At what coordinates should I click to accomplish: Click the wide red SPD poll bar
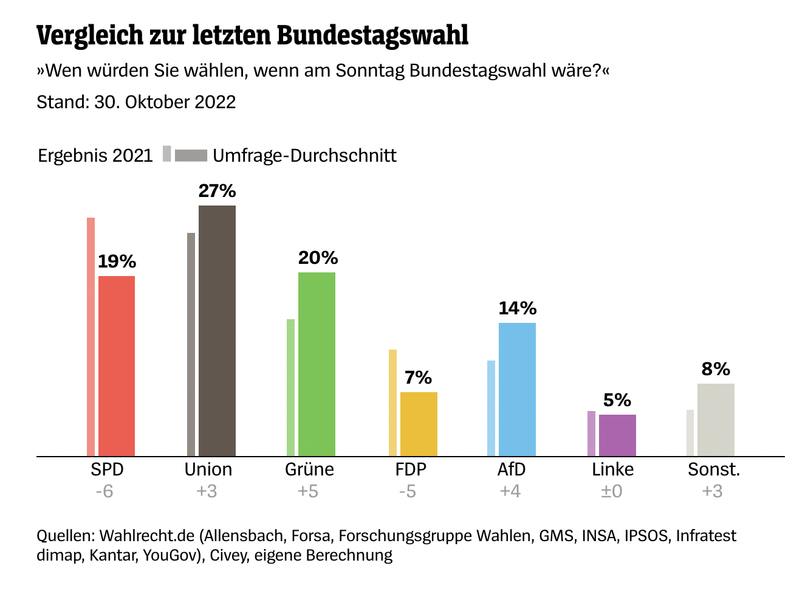tap(117, 366)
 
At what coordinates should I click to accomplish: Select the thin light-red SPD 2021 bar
tap(91, 337)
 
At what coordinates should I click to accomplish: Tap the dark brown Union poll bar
tap(217, 331)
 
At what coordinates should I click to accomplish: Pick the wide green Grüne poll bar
tap(317, 364)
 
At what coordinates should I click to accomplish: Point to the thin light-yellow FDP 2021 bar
tap(392, 403)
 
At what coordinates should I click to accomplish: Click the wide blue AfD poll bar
tap(517, 389)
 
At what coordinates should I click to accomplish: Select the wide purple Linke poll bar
tap(617, 435)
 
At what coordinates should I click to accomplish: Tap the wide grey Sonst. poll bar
tap(716, 420)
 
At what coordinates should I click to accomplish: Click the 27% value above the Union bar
tap(217, 191)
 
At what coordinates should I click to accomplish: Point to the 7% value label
tap(418, 378)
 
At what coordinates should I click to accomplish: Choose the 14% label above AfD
tap(517, 308)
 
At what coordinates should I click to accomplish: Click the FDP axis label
tap(411, 469)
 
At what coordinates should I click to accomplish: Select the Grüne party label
tap(309, 469)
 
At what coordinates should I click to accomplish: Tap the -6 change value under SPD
tap(104, 491)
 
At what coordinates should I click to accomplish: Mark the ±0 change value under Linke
tap(612, 491)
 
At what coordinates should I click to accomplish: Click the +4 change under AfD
tap(510, 491)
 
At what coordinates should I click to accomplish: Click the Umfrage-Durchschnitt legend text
tap(304, 156)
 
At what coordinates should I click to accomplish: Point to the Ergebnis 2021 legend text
tap(95, 156)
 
